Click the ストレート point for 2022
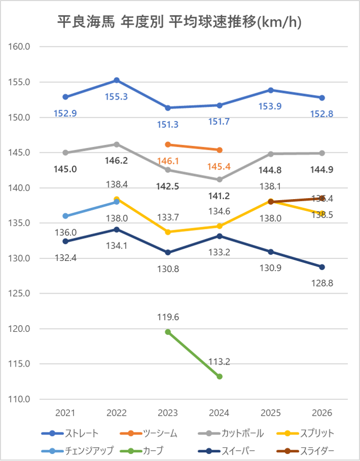(116, 80)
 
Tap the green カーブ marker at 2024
(220, 376)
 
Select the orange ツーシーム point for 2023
(168, 144)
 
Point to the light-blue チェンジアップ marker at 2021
(65, 216)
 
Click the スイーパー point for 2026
(322, 267)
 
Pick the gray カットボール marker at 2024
(220, 179)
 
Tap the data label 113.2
(220, 362)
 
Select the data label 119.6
(168, 317)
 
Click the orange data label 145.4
(220, 166)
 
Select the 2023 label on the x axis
(168, 412)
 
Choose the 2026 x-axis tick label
(322, 412)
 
